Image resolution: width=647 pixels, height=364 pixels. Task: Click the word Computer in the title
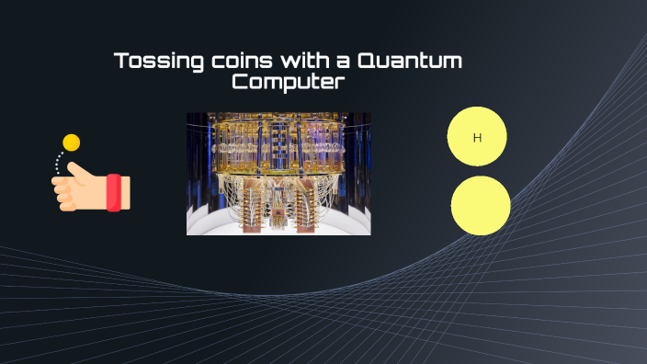coord(288,83)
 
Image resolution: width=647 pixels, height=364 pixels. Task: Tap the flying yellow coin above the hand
coord(71,142)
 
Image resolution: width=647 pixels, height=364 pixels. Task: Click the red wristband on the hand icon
coord(115,192)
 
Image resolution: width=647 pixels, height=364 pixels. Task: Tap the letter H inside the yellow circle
coord(477,138)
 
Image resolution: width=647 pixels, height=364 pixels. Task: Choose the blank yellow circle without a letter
coord(480,205)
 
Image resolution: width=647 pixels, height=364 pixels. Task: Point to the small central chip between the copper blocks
coord(277,214)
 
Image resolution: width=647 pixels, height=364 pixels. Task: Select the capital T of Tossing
coord(120,63)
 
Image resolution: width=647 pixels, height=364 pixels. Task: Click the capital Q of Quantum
coord(366,63)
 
